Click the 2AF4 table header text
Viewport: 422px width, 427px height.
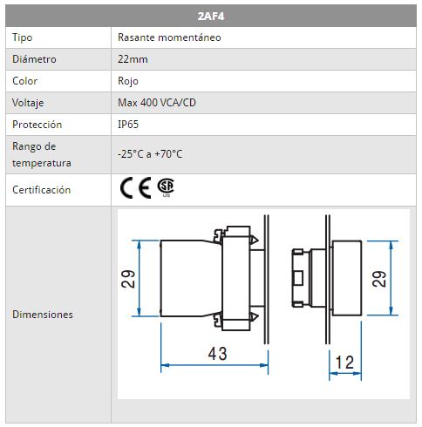211,17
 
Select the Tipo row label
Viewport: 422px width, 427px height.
22,37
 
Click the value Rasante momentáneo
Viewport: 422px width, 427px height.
169,37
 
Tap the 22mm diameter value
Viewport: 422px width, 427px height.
133,59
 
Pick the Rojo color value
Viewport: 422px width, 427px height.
128,81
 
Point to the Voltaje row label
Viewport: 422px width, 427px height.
28,103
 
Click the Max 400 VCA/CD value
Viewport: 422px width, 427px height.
157,103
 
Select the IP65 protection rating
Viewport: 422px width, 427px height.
128,125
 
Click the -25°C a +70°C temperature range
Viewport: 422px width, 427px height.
150,154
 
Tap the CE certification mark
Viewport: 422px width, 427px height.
136,187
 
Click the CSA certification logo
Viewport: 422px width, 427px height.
166,186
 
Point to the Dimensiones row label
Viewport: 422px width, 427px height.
43,315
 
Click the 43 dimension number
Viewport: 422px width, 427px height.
217,354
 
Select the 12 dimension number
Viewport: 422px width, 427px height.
344,363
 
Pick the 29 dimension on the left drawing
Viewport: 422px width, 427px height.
128,279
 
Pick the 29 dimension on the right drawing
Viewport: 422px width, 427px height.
379,279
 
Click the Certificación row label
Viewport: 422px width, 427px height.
41,190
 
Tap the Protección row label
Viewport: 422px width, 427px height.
37,125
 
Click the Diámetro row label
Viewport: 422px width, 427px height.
34,59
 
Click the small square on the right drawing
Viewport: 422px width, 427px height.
298,278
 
